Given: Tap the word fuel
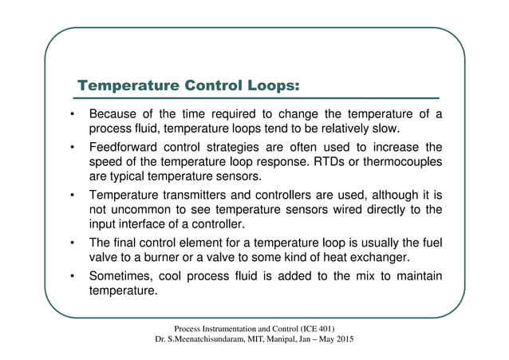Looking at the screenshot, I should pos(432,240).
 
